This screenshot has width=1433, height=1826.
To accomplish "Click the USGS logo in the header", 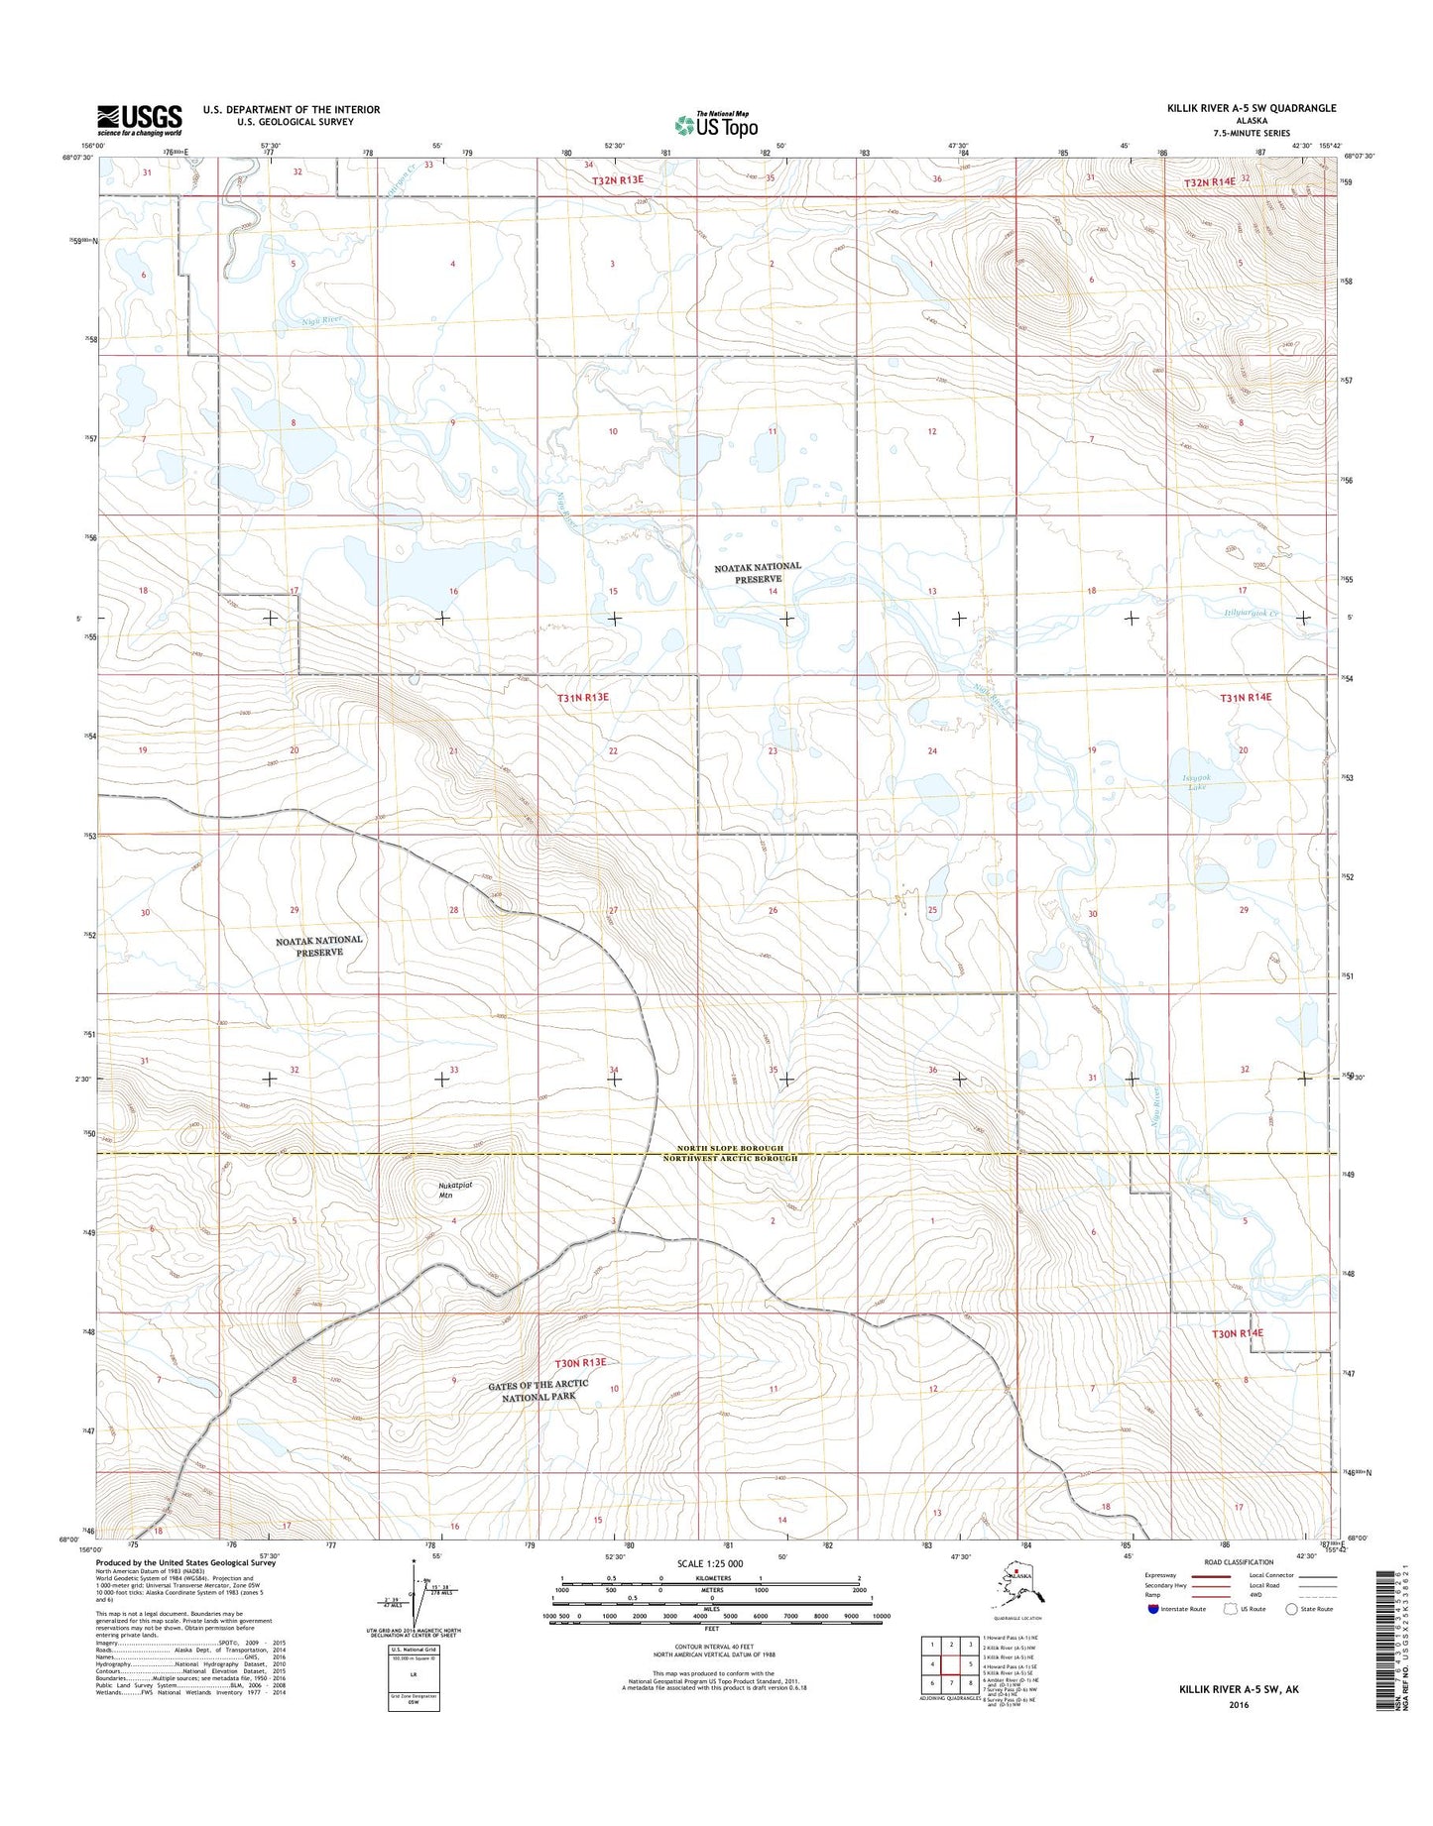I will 139,120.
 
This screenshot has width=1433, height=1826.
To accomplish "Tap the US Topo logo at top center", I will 716,125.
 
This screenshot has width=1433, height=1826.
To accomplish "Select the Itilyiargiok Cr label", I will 1245,613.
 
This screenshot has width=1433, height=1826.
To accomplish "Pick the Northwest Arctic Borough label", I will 730,1158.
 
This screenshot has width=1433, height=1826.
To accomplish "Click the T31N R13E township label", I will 582,698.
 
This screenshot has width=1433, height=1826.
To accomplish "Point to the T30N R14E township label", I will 1237,1333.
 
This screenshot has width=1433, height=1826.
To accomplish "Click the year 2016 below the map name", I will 1238,1705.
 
